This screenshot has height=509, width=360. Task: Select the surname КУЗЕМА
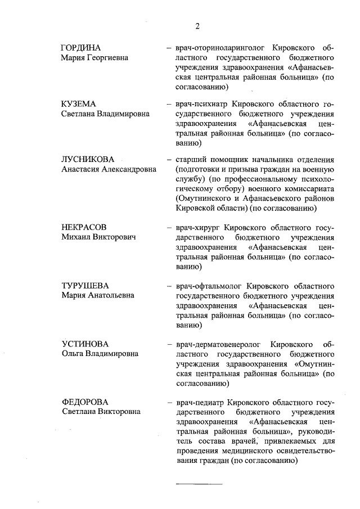(x=79, y=105)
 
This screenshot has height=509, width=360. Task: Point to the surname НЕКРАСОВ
(x=84, y=228)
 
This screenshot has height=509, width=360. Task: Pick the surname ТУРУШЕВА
(x=85, y=285)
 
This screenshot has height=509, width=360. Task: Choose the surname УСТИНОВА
(x=84, y=344)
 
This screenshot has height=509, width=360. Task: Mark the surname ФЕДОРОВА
(x=85, y=402)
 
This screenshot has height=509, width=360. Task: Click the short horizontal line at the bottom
(x=200, y=484)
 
